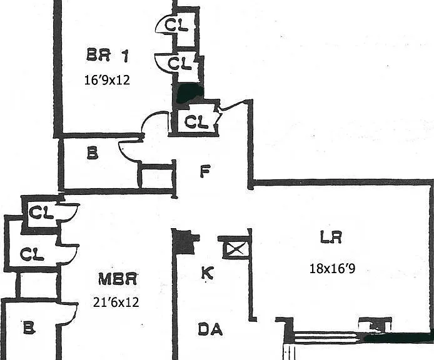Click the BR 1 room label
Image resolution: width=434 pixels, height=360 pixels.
pos(108,55)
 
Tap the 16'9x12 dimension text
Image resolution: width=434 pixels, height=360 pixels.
pos(107,80)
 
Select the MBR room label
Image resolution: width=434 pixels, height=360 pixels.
pos(118,279)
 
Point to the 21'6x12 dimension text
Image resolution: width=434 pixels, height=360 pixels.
pos(116,302)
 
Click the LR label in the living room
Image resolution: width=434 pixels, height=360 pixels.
pos(331,237)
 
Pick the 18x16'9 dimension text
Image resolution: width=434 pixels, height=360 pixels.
pos(332,268)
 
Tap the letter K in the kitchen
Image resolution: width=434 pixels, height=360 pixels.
pos(207,273)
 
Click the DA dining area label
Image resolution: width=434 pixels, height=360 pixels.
pos(210,329)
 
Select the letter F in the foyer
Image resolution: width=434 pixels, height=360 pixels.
pos(205,171)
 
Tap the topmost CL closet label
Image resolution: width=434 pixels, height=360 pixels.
pos(176,25)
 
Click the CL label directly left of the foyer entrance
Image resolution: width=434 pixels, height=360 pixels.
pos(196,122)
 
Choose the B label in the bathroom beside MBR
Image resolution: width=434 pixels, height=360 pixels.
pos(29,327)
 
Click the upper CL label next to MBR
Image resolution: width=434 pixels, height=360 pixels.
pos(41,212)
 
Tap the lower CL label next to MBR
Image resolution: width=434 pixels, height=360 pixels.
pos(32,254)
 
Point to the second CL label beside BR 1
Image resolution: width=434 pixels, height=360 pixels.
pos(179,63)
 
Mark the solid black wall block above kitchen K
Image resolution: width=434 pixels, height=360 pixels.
pos(183,242)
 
